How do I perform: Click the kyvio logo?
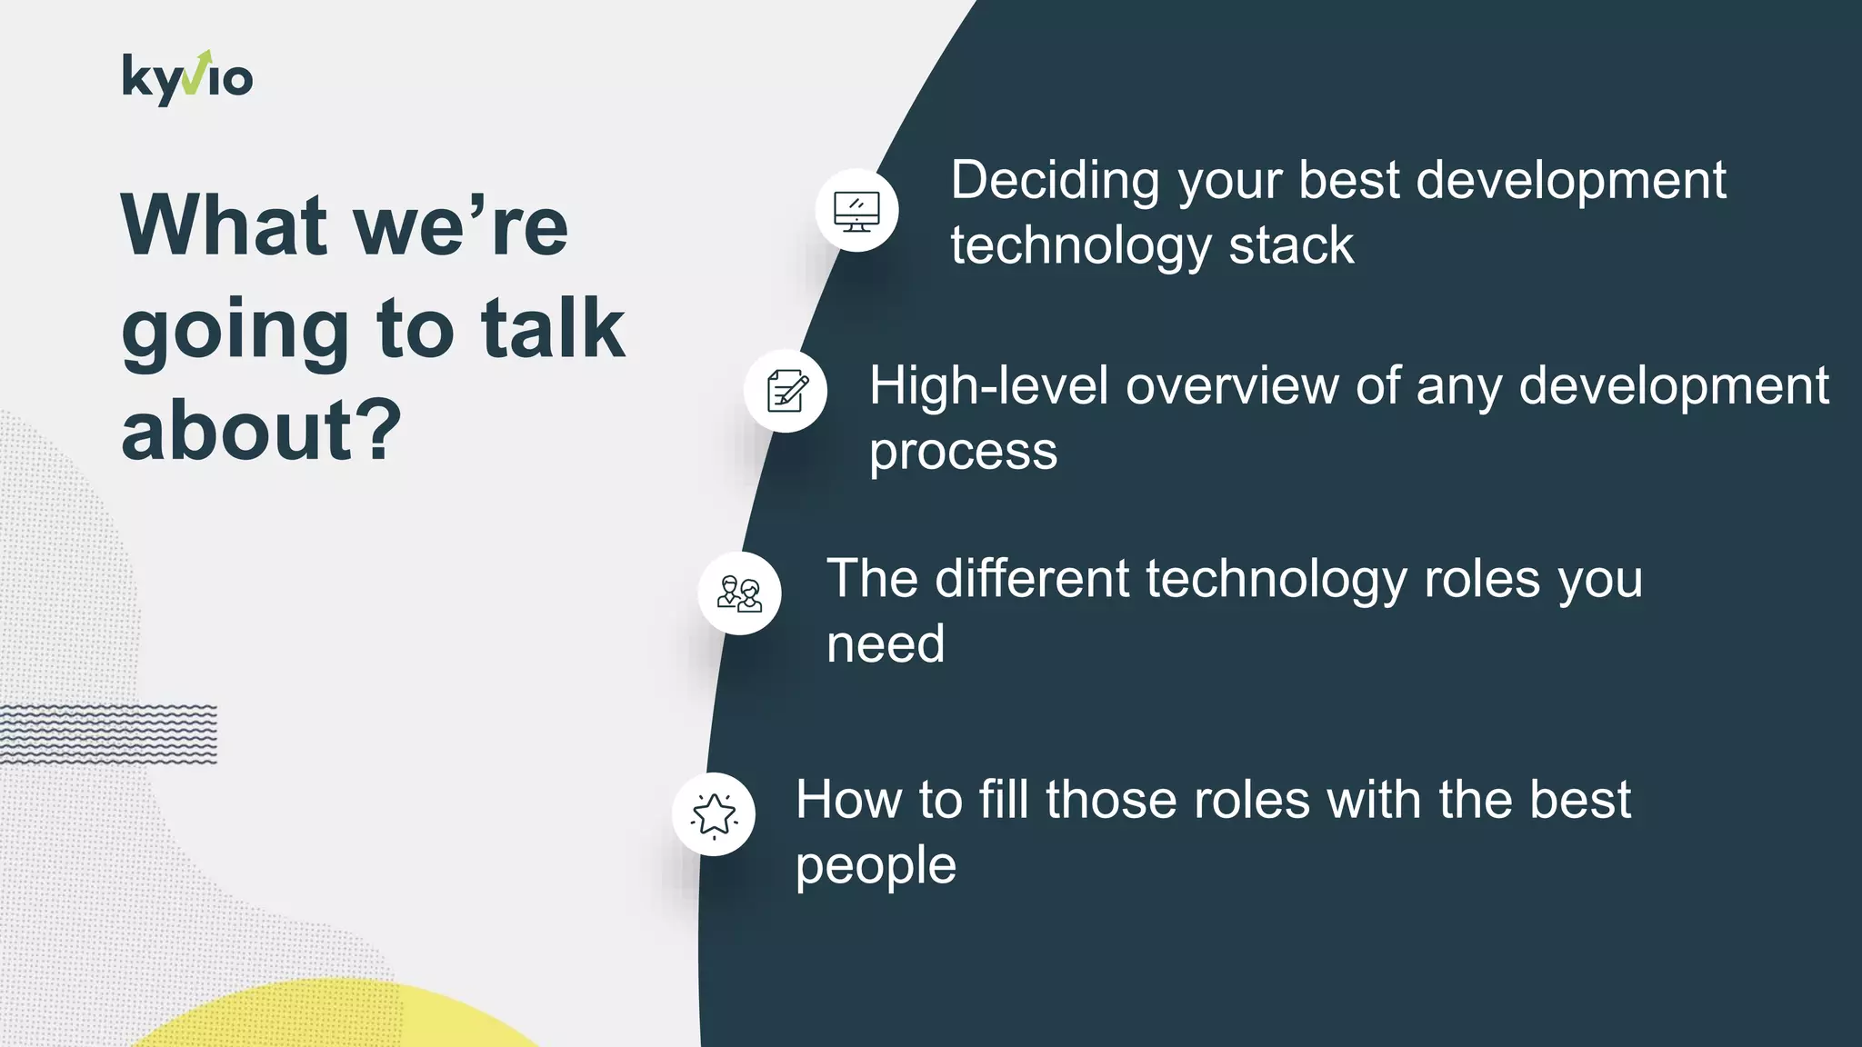click(187, 78)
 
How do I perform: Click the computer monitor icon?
click(856, 211)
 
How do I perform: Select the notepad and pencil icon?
click(786, 391)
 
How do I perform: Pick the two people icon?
click(739, 593)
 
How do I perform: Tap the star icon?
click(714, 814)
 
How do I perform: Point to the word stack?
click(1291, 247)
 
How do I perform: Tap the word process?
click(963, 453)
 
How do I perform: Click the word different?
click(1032, 579)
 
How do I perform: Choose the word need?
click(886, 645)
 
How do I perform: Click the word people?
click(876, 867)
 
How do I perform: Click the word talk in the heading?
click(553, 329)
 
